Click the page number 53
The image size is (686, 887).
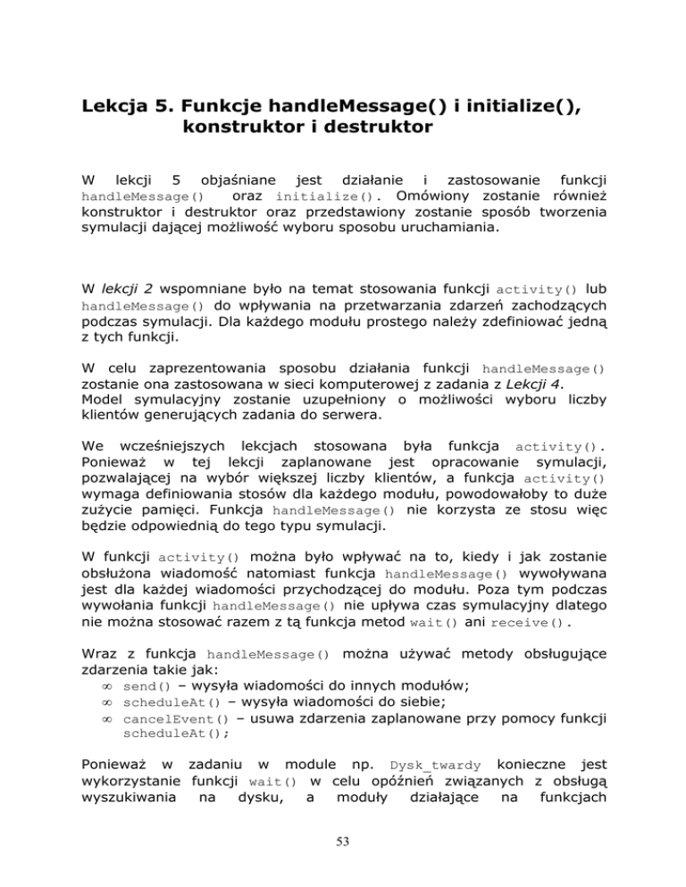(x=342, y=847)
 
